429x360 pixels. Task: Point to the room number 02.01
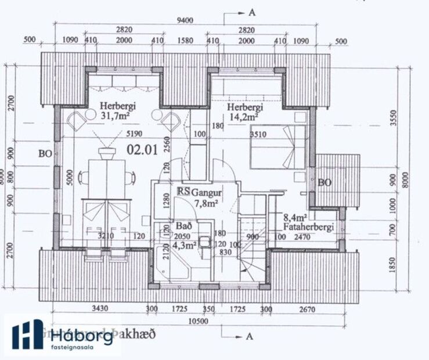click(142, 150)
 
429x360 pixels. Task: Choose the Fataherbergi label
click(308, 227)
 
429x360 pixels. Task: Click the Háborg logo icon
click(27, 335)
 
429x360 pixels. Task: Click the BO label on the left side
click(45, 155)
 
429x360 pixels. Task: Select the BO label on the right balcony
click(325, 182)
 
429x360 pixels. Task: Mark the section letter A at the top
click(251, 11)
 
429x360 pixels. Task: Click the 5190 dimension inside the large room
click(132, 132)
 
